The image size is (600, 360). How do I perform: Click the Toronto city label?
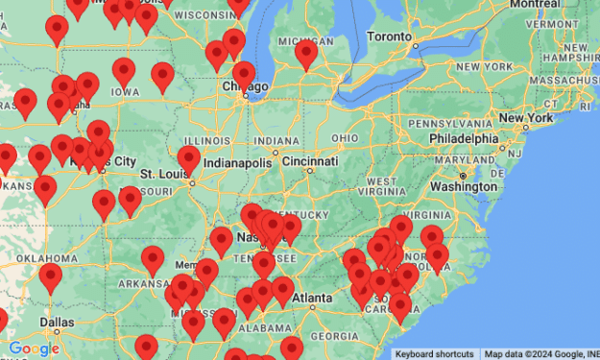pyautogui.click(x=388, y=35)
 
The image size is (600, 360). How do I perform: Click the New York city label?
pyautogui.click(x=524, y=118)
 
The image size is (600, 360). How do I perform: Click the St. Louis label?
pyautogui.click(x=161, y=174)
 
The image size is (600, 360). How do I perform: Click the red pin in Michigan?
pyautogui.click(x=306, y=54)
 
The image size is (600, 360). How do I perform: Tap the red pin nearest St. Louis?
pyautogui.click(x=189, y=159)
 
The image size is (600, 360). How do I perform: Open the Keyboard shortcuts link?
pyautogui.click(x=435, y=353)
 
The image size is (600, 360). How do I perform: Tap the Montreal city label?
pyautogui.click(x=535, y=4)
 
